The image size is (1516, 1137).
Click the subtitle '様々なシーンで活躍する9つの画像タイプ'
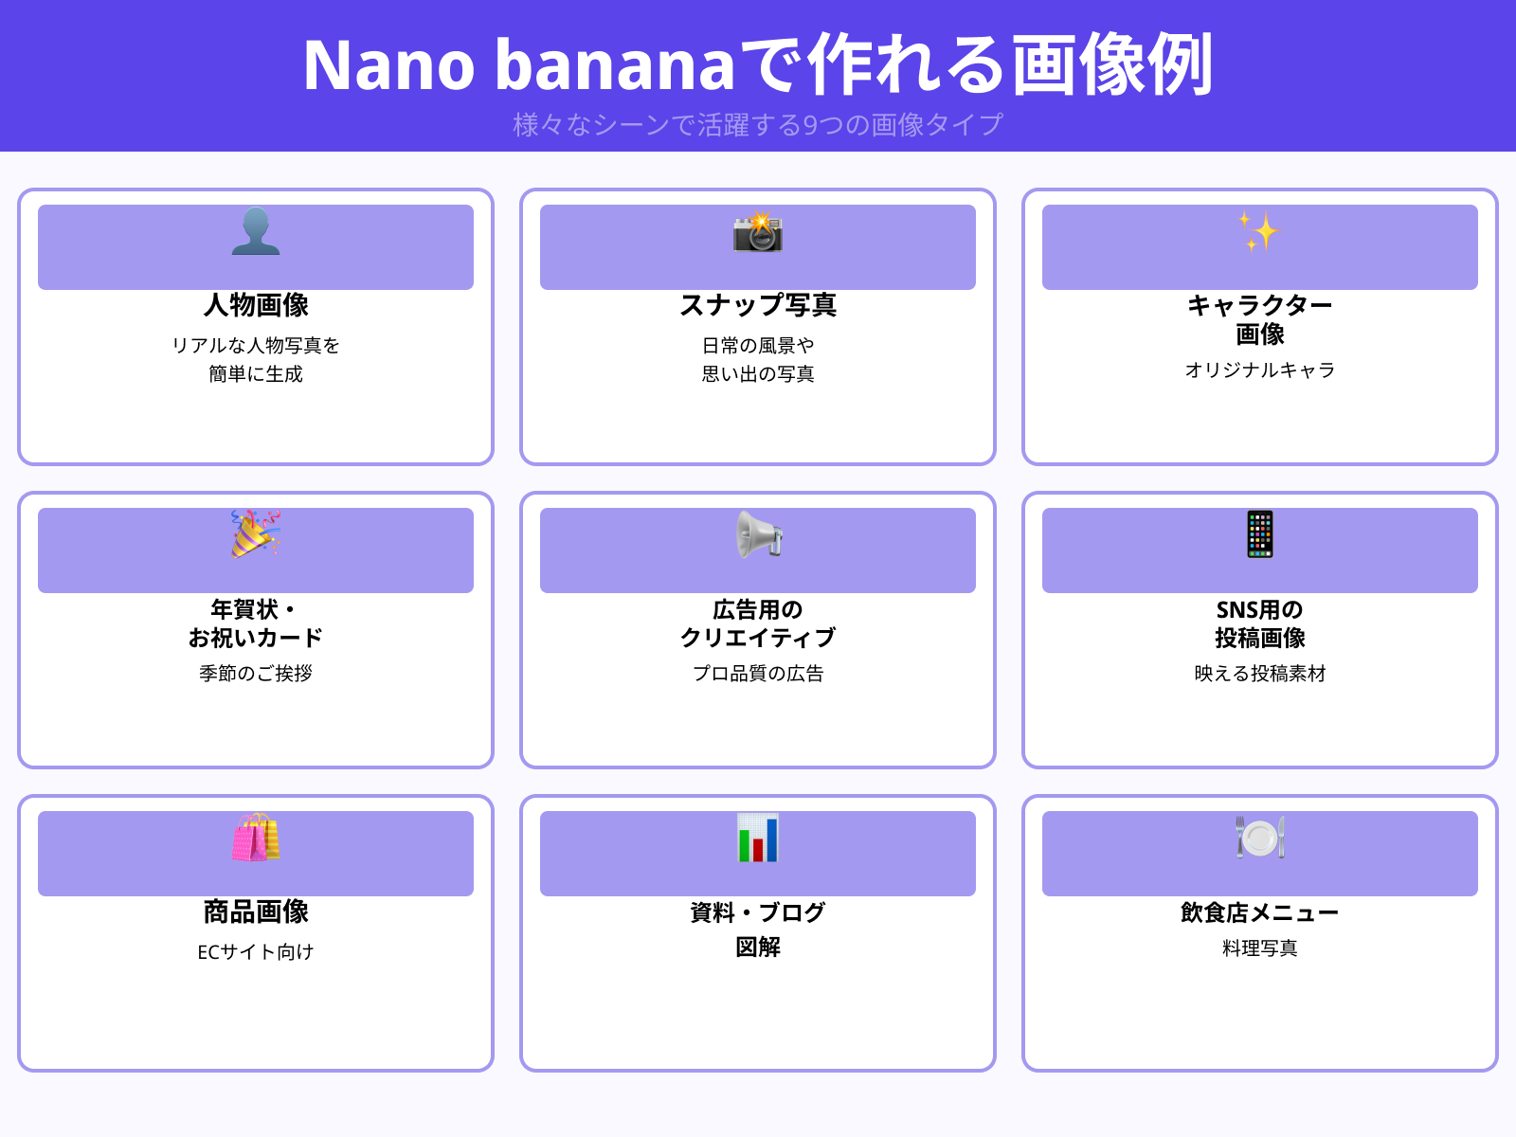pyautogui.click(x=758, y=124)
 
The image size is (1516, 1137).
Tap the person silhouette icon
pyautogui.click(x=256, y=232)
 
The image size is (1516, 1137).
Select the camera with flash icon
pyautogui.click(x=758, y=232)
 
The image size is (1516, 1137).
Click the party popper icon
pyautogui.click(x=256, y=534)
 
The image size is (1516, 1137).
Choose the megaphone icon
pyautogui.click(x=759, y=535)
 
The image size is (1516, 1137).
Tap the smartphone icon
pyautogui.click(x=1260, y=534)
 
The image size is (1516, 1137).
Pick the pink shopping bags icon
pyautogui.click(x=256, y=838)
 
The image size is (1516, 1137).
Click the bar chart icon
pyautogui.click(x=758, y=838)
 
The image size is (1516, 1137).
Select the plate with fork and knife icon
pyautogui.click(x=1260, y=838)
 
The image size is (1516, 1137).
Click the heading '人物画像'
pyautogui.click(x=256, y=305)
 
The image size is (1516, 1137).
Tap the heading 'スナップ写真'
pyautogui.click(x=758, y=305)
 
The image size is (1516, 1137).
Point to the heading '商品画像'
pyautogui.click(x=256, y=911)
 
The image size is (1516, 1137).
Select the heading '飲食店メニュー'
pyautogui.click(x=1260, y=912)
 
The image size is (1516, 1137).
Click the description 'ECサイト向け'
pyautogui.click(x=256, y=951)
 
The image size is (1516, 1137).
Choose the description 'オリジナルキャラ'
pyautogui.click(x=1260, y=370)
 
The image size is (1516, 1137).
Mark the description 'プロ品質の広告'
pyautogui.click(x=758, y=673)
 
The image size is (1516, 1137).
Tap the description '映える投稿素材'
pyautogui.click(x=1260, y=673)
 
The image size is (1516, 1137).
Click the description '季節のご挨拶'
pyautogui.click(x=256, y=673)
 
